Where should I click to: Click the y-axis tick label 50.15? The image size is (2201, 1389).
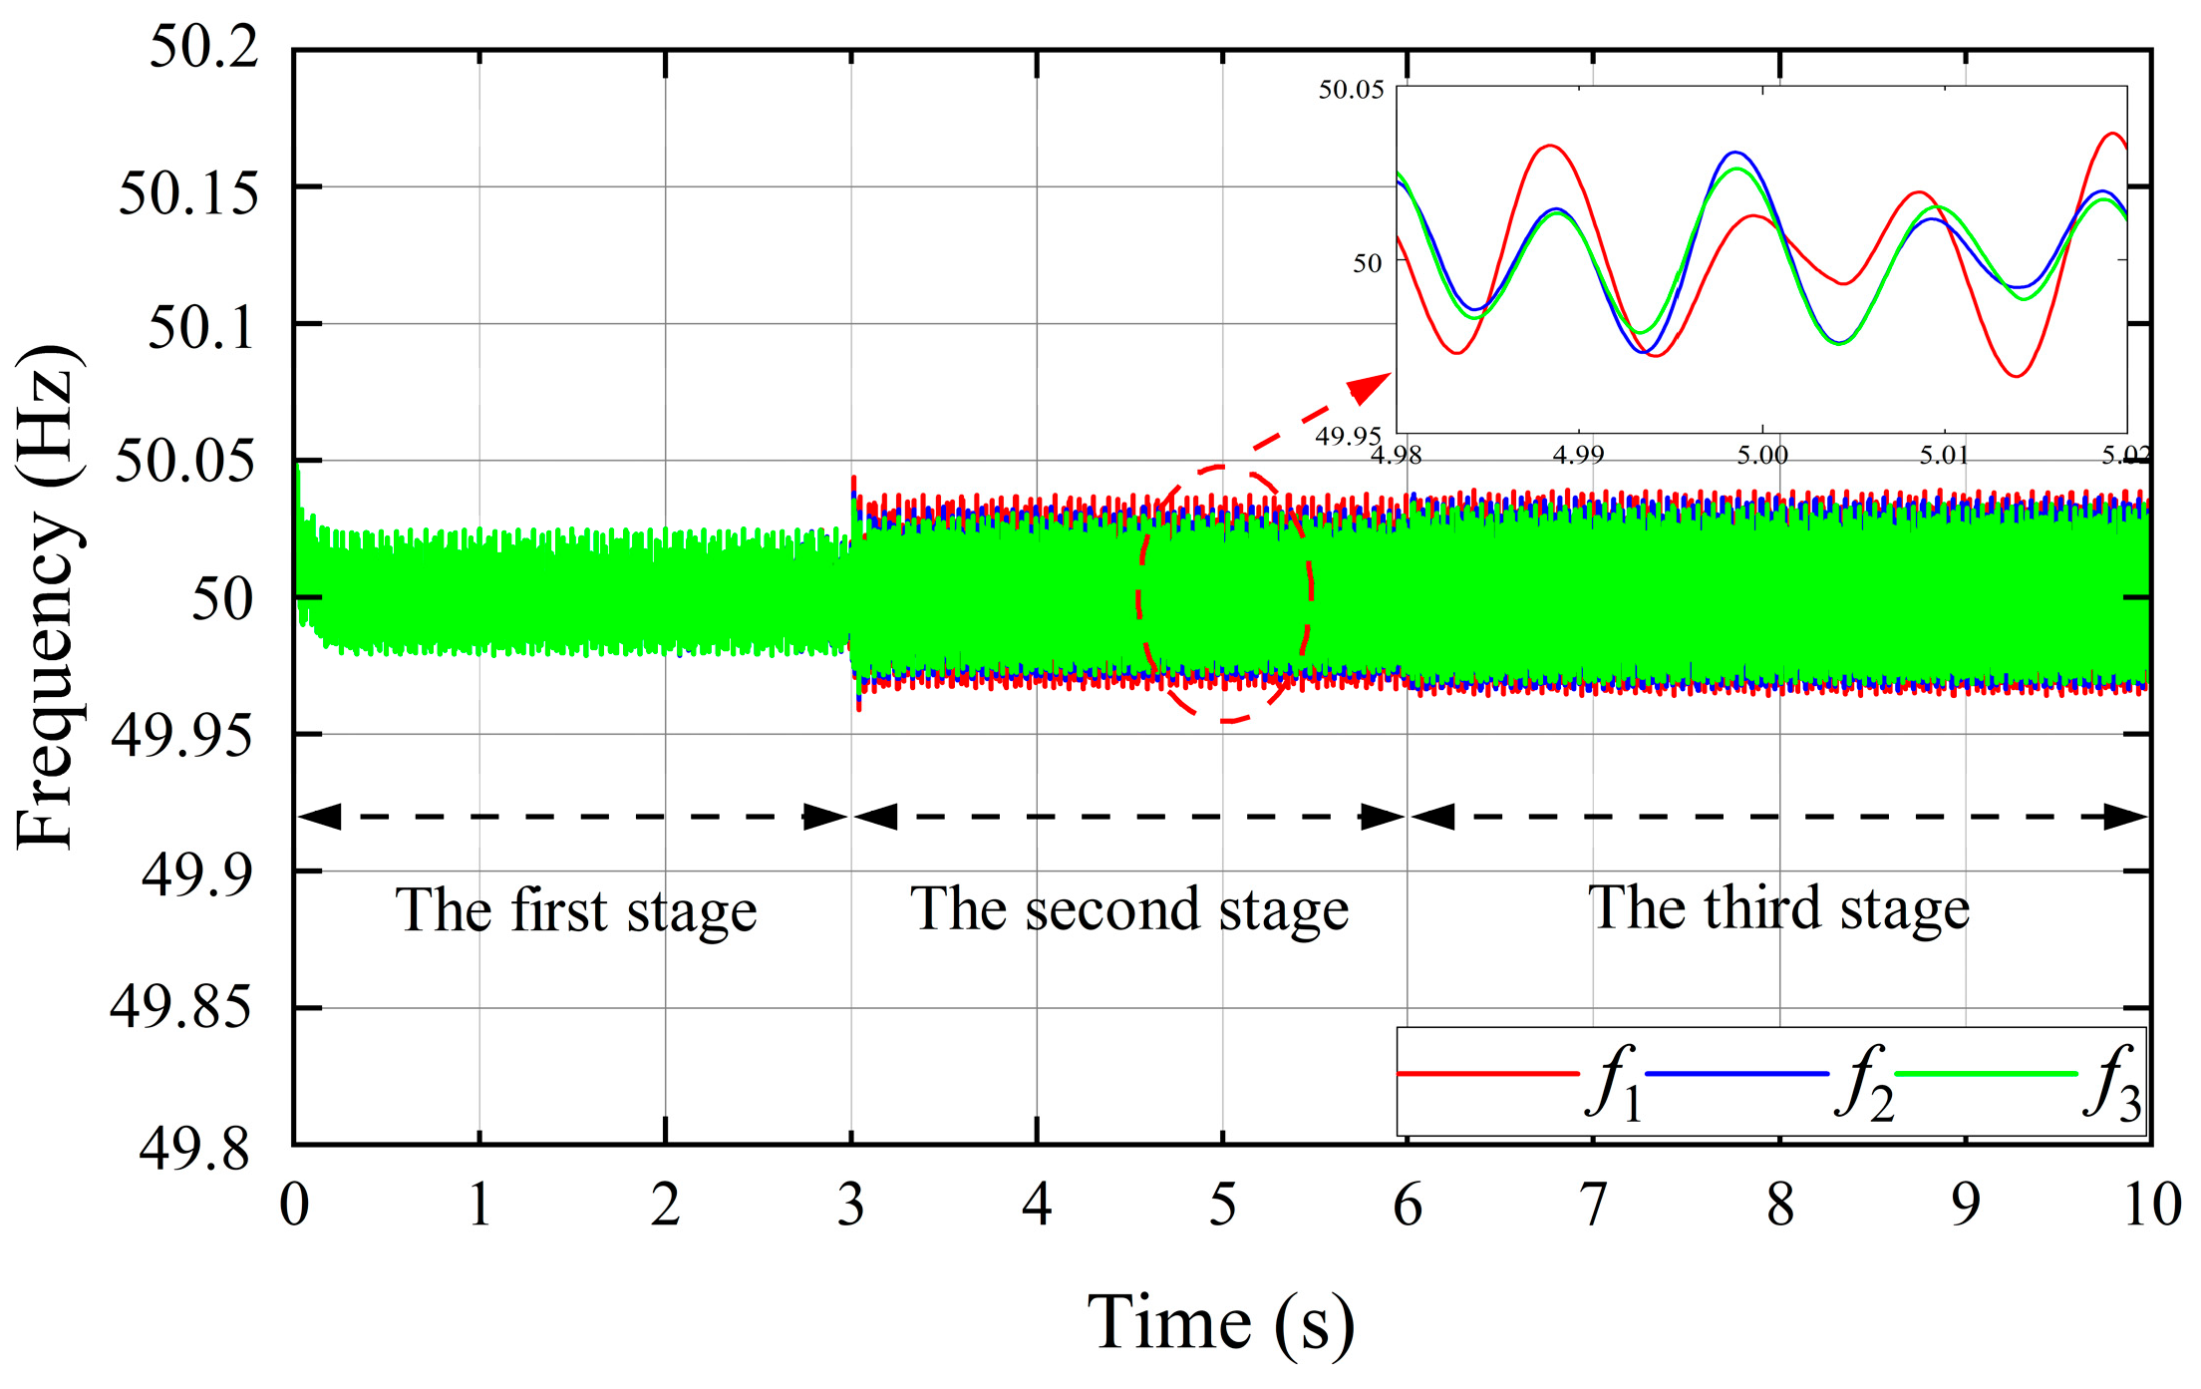187,192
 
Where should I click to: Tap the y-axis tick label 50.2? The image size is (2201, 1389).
203,46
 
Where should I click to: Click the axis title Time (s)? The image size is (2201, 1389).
1220,1323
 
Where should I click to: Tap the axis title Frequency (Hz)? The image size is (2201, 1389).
48,596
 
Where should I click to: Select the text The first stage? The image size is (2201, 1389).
576,910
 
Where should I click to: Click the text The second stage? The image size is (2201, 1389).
1129,909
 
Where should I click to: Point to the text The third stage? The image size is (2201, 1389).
1778,908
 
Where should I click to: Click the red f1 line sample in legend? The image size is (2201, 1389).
1488,1074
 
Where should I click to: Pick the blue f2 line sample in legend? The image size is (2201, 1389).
1736,1074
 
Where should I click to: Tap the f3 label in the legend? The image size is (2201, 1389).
2112,1084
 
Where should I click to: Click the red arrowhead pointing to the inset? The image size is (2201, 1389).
1371,387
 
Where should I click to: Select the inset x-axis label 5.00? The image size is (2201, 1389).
1762,456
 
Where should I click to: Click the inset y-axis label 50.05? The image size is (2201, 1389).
1351,90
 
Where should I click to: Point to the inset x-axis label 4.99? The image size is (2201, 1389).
1579,456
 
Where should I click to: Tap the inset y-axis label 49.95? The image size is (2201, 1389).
1348,436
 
